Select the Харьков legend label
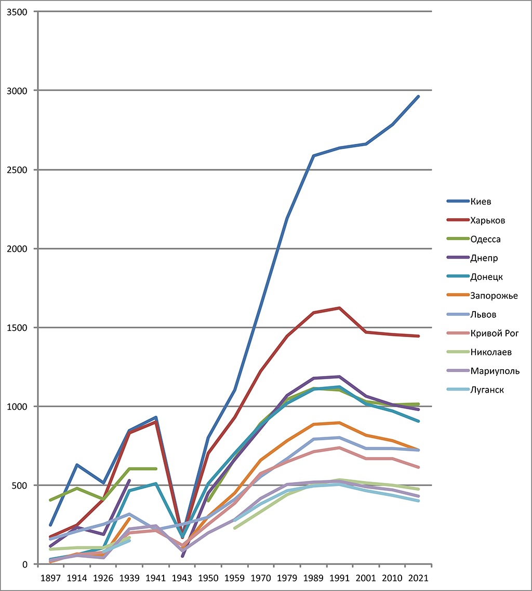pos(487,220)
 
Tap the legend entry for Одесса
pos(485,239)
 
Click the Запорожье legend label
pos(494,295)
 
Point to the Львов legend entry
pos(483,314)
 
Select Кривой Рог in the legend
pos(494,333)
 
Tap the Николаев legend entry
pos(491,352)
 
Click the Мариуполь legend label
pos(495,371)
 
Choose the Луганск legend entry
pos(487,389)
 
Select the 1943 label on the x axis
pos(182,577)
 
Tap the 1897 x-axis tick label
pos(51,577)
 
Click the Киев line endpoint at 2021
pos(418,97)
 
